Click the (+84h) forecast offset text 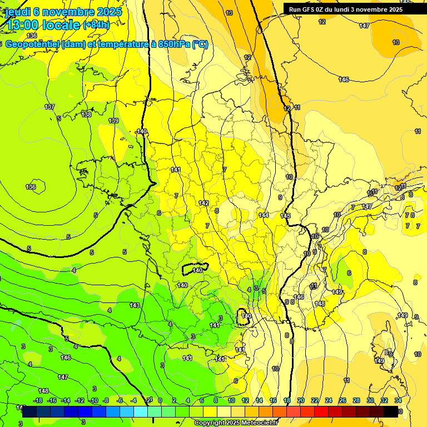pyautogui.click(x=96, y=25)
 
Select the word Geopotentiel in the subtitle pyautogui.click(x=34, y=44)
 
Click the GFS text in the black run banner pyautogui.click(x=309, y=9)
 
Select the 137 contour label pyautogui.click(x=49, y=107)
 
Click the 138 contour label pyautogui.click(x=86, y=115)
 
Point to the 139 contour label pyautogui.click(x=113, y=121)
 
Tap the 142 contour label pyautogui.click(x=203, y=203)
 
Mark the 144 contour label pyautogui.click(x=264, y=215)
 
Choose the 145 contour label pyautogui.click(x=285, y=216)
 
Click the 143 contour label pyautogui.click(x=135, y=305)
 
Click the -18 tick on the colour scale pyautogui.click(x=38, y=400)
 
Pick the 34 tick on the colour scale pyautogui.click(x=398, y=400)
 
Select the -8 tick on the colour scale pyautogui.click(x=107, y=400)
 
